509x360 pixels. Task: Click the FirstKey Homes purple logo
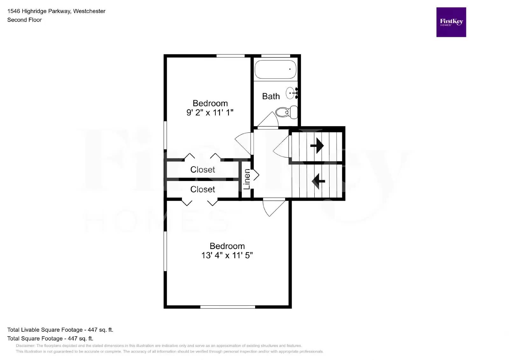tap(451, 22)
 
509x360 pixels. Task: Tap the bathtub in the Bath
tap(275, 69)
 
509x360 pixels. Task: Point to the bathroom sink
tap(291, 93)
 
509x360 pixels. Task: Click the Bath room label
tap(271, 96)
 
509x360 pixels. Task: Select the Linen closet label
tap(247, 179)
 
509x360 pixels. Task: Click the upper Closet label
tap(202, 170)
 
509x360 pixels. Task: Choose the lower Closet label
tap(202, 190)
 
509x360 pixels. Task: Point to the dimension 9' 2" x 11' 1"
tap(210, 113)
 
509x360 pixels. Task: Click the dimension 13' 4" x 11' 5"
tap(227, 255)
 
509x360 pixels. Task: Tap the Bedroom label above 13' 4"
tap(227, 246)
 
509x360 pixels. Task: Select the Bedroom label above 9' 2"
tap(210, 103)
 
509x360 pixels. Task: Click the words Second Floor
tap(24, 20)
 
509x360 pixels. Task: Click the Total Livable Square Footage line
tap(60, 330)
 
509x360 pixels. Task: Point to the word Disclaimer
tap(25, 346)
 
